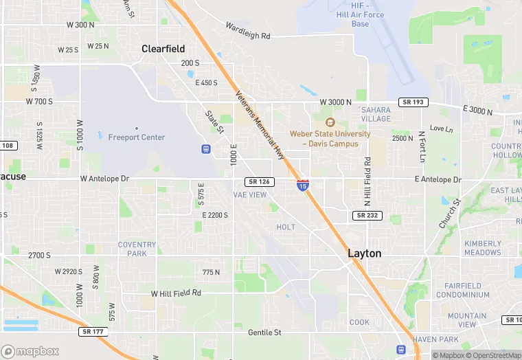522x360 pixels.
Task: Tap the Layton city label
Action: tap(364, 253)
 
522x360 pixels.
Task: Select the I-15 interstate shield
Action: tap(303, 185)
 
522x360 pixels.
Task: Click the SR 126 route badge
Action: tap(260, 181)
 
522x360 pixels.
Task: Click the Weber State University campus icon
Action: tap(330, 122)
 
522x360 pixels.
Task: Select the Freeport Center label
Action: tap(137, 137)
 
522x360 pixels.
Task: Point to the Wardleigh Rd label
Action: tap(248, 30)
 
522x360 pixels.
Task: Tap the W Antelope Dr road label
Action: tap(104, 179)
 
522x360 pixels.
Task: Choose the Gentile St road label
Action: tap(264, 333)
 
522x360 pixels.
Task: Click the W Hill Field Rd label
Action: tap(176, 293)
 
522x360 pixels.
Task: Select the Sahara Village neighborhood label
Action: tap(376, 114)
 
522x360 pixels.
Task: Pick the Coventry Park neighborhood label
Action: tap(137, 249)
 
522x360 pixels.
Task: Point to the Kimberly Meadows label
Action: tap(482, 248)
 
